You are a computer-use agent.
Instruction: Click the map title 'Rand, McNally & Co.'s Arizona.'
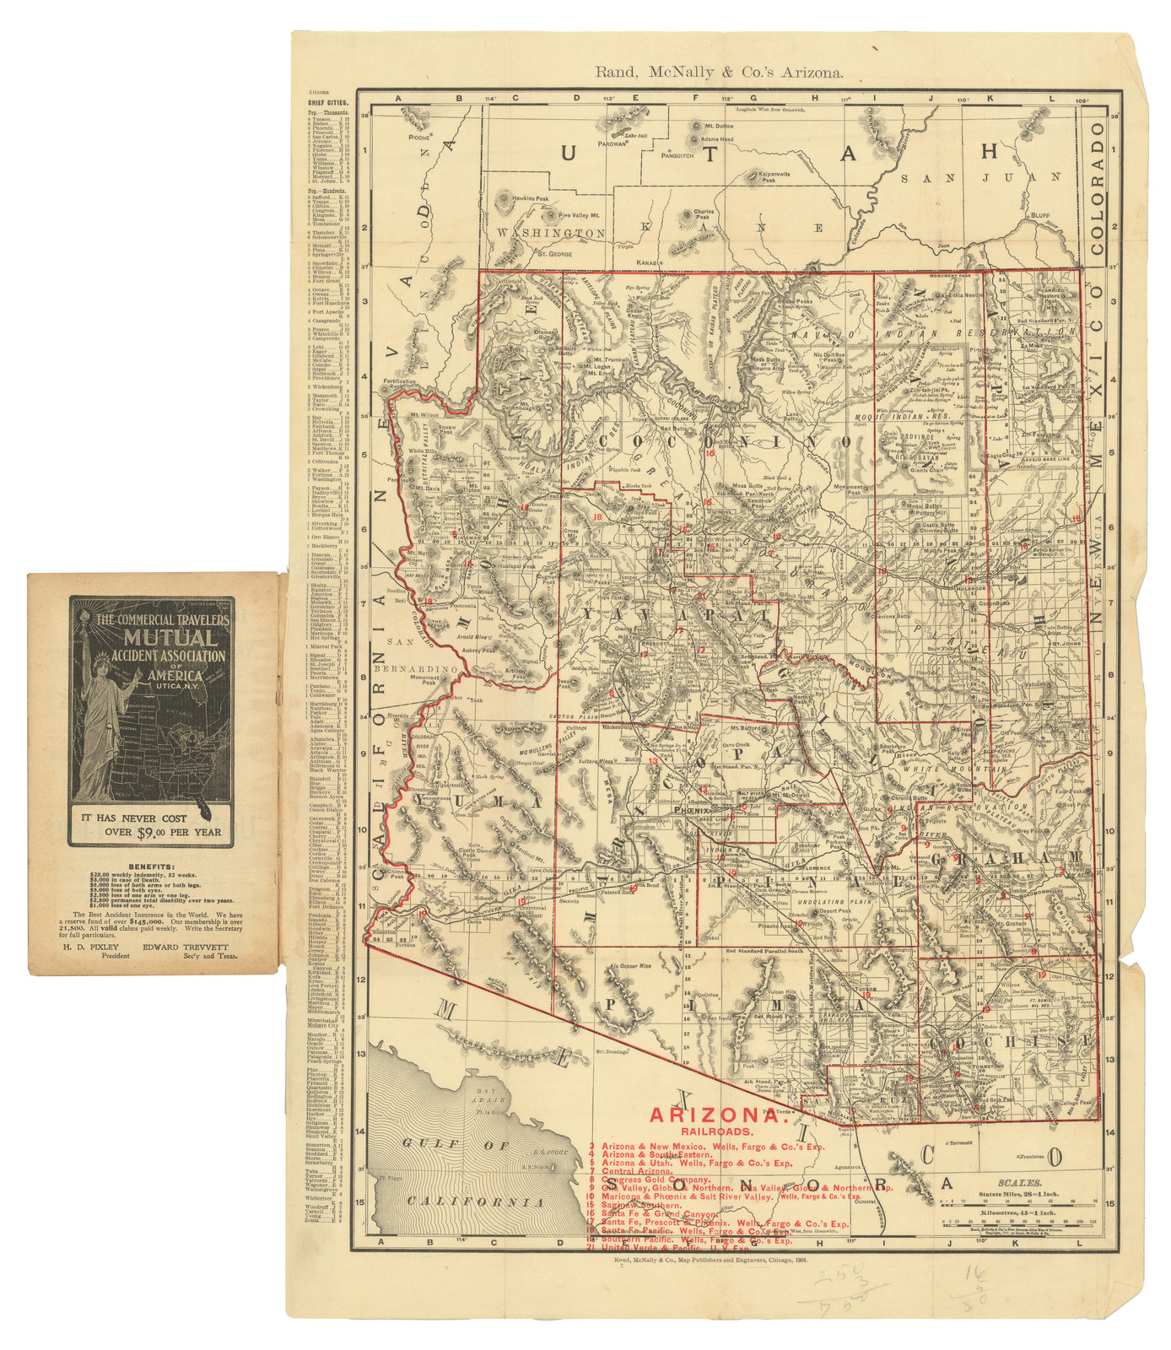click(x=719, y=73)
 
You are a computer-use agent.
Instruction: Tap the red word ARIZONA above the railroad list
click(x=716, y=1115)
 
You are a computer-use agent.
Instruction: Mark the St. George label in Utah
click(x=555, y=253)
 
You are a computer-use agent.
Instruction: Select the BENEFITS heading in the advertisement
click(x=153, y=867)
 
